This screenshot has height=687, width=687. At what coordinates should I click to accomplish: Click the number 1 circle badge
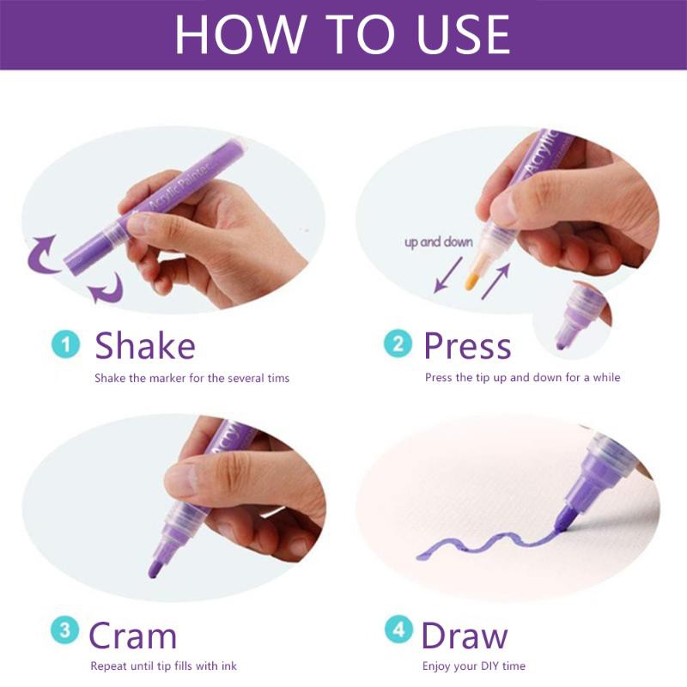pos(66,344)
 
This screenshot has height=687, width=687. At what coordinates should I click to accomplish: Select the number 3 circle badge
pos(65,630)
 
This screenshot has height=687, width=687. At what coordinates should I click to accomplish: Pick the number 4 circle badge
pos(398,629)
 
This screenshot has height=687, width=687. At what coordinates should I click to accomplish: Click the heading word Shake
pos(145,346)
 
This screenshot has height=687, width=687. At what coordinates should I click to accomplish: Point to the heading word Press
pos(467,346)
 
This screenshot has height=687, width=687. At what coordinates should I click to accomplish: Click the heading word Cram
pos(133,635)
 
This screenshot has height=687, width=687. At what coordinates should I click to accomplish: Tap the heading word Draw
pos(465,635)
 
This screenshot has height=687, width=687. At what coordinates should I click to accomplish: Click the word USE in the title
pos(464,34)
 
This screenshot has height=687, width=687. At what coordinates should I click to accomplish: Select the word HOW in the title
pos(240,34)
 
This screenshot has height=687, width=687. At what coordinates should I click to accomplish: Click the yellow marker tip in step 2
pos(471,281)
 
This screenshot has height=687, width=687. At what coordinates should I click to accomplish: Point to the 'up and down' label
pos(439,242)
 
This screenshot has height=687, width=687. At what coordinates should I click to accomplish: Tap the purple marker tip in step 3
pos(155,568)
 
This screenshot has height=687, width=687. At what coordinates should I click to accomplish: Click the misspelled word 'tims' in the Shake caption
pos(278,378)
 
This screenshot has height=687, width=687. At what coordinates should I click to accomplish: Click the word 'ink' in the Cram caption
pos(228,666)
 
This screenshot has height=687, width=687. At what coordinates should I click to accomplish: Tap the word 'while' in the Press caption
pos(607,377)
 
